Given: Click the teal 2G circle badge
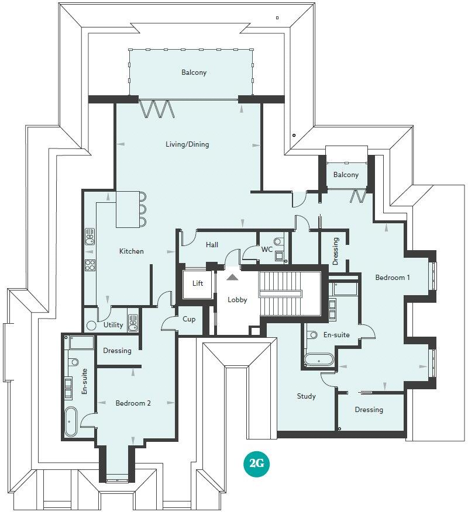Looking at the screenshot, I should tap(256, 464).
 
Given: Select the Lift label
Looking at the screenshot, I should tap(198, 283).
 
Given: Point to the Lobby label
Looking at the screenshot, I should tap(238, 300).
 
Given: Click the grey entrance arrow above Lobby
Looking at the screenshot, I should tap(233, 277).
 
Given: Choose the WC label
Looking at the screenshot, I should tap(267, 250).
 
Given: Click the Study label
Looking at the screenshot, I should tap(306, 396).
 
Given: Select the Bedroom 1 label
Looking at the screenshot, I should tap(392, 278).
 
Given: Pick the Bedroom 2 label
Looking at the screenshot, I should tap(133, 403).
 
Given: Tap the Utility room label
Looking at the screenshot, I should tap(113, 325).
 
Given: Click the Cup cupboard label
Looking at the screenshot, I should tap(189, 320).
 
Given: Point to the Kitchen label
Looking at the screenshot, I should tap(131, 251).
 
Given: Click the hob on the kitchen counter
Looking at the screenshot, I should tap(91, 265).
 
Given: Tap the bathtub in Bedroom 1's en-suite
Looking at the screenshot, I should tap(319, 359).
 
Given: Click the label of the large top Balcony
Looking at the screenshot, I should tap(194, 73).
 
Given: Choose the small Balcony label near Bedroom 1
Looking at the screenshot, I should tap(346, 175).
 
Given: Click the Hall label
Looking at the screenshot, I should tap(212, 245).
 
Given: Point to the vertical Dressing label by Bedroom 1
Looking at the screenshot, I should tap(335, 251).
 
